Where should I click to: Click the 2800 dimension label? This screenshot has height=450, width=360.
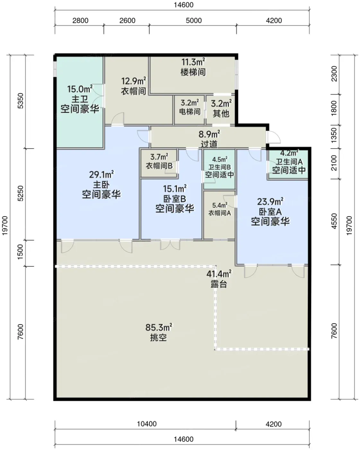pos(80,21)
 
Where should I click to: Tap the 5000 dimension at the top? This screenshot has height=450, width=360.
pos(194,21)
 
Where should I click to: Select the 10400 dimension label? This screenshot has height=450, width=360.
pos(147,424)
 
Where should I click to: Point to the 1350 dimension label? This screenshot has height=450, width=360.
pos(334,135)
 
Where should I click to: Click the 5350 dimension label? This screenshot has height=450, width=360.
pos(21,101)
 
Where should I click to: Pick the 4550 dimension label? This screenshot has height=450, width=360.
pos(334,221)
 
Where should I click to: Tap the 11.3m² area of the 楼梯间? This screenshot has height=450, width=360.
pos(193,62)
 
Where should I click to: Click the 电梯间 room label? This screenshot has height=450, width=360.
pos(190,112)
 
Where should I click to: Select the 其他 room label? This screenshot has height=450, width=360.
pos(221,113)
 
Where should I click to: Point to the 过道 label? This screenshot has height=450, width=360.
pos(209,144)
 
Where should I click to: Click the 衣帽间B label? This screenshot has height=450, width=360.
pos(159,166)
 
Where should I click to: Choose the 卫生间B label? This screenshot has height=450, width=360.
pos(219,167)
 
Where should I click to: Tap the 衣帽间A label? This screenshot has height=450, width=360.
pos(220,213)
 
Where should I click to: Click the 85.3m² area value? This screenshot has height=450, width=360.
pos(159,327)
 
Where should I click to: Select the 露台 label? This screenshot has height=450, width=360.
pos(219,284)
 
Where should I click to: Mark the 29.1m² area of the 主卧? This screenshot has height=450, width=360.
pos(101,175)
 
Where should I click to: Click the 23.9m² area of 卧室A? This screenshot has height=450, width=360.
pos(270,202)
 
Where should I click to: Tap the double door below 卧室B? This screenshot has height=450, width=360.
pos(170,245)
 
